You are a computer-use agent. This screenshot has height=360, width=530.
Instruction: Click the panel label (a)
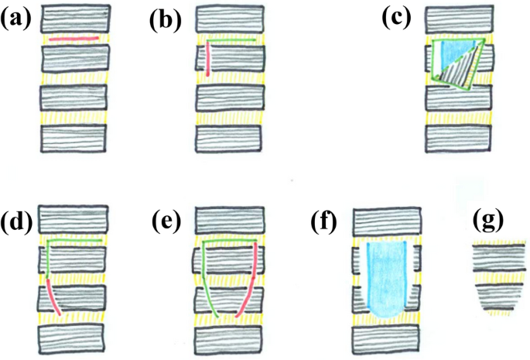tap(16, 19)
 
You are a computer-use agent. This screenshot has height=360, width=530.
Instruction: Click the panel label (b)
tap(165, 19)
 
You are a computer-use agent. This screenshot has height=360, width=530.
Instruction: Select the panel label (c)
tap(401, 19)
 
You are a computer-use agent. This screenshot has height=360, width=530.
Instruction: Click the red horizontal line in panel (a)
tap(74, 37)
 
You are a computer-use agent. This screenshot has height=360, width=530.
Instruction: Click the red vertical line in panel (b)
tap(209, 59)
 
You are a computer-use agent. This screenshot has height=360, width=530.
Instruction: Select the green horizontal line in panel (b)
tap(232, 38)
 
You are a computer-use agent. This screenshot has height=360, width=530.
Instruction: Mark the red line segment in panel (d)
tap(54, 298)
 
